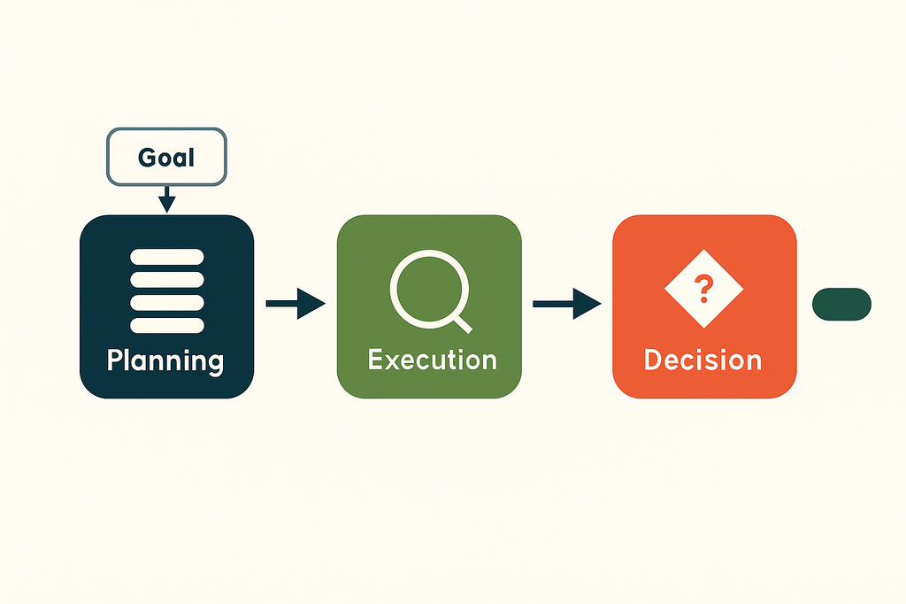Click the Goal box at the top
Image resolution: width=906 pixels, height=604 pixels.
pyautogui.click(x=166, y=157)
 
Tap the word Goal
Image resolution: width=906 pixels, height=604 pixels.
pyautogui.click(x=166, y=158)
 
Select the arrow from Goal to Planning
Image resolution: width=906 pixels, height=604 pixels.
pyautogui.click(x=167, y=199)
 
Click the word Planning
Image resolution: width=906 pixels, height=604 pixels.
pyautogui.click(x=165, y=361)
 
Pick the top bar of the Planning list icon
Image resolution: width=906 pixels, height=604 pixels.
pyautogui.click(x=167, y=257)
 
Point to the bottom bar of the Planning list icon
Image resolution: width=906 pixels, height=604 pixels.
pyautogui.click(x=167, y=326)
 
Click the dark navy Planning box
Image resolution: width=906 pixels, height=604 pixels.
pyautogui.click(x=167, y=306)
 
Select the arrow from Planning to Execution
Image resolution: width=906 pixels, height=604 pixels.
pyautogui.click(x=296, y=303)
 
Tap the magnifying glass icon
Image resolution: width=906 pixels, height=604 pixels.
pyautogui.click(x=431, y=291)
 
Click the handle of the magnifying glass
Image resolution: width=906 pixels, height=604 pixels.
pyautogui.click(x=463, y=325)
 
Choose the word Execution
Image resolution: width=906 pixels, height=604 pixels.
pyautogui.click(x=432, y=360)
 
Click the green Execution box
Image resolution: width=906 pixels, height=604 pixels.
pyautogui.click(x=429, y=306)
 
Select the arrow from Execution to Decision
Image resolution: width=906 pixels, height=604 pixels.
pyautogui.click(x=567, y=304)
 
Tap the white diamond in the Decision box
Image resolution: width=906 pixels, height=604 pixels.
pyautogui.click(x=703, y=289)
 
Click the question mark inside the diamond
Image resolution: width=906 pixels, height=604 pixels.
pyautogui.click(x=703, y=289)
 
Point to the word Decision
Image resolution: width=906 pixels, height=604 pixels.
pyautogui.click(x=703, y=360)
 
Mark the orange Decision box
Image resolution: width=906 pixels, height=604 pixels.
pyautogui.click(x=705, y=306)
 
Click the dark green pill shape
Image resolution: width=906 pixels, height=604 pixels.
pyautogui.click(x=842, y=305)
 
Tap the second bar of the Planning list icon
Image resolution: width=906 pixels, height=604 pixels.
pyautogui.click(x=167, y=280)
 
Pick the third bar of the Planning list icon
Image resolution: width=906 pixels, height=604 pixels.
pyautogui.click(x=167, y=303)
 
